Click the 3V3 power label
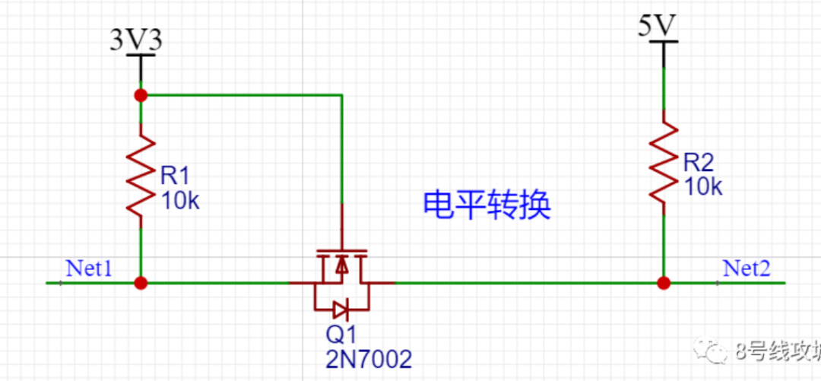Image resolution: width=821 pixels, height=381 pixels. (x=136, y=40)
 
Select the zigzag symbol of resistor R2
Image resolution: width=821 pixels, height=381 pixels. (x=664, y=164)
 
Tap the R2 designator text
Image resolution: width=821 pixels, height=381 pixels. (x=699, y=162)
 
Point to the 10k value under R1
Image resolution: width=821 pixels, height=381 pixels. (x=179, y=201)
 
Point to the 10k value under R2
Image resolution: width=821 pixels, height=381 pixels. (x=703, y=186)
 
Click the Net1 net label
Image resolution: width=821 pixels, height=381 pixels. (x=89, y=268)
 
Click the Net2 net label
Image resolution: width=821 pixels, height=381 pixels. (x=746, y=268)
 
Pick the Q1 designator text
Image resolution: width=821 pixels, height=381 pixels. (x=341, y=335)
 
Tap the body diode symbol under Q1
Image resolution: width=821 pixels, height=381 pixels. (x=341, y=309)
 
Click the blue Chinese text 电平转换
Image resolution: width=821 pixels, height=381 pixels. (x=487, y=205)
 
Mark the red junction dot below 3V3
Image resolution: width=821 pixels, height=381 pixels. (x=141, y=95)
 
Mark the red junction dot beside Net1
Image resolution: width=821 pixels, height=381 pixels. (x=141, y=283)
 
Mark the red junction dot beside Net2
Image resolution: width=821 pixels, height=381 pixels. (x=664, y=283)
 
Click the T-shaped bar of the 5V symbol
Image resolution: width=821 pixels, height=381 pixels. (x=664, y=44)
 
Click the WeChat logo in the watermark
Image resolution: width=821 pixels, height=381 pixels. (x=715, y=352)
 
